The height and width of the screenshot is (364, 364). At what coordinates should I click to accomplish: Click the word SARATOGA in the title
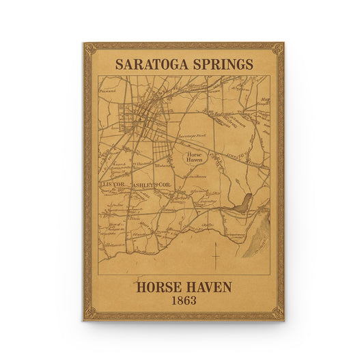pyautogui.click(x=148, y=64)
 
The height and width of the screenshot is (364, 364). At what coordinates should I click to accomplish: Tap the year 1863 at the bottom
pyautogui.click(x=183, y=300)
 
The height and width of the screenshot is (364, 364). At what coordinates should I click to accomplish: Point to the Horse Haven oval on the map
pyautogui.click(x=195, y=158)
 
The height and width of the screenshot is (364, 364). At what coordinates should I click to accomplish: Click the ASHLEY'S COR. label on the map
pyautogui.click(x=151, y=185)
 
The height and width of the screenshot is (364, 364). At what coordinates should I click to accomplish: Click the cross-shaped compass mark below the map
pyautogui.click(x=215, y=256)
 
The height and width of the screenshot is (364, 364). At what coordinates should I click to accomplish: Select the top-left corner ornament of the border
pyautogui.click(x=89, y=48)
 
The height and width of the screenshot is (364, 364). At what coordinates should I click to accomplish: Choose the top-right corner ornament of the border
pyautogui.click(x=277, y=48)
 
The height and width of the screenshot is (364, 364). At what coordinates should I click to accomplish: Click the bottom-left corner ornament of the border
pyautogui.click(x=89, y=313)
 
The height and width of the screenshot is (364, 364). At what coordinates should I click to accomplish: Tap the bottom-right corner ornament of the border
pyautogui.click(x=277, y=313)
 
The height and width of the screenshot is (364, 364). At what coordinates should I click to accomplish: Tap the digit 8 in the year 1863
pyautogui.click(x=179, y=300)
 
